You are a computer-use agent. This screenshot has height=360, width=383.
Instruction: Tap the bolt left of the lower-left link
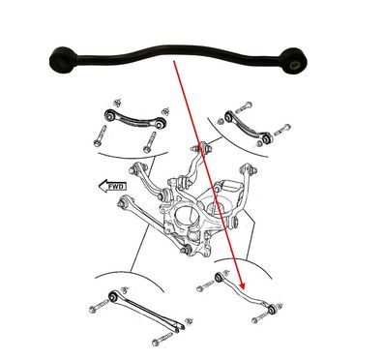97,309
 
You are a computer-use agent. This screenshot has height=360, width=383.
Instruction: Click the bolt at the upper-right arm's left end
243,104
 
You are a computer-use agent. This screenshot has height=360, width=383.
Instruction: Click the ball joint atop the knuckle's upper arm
204,149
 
